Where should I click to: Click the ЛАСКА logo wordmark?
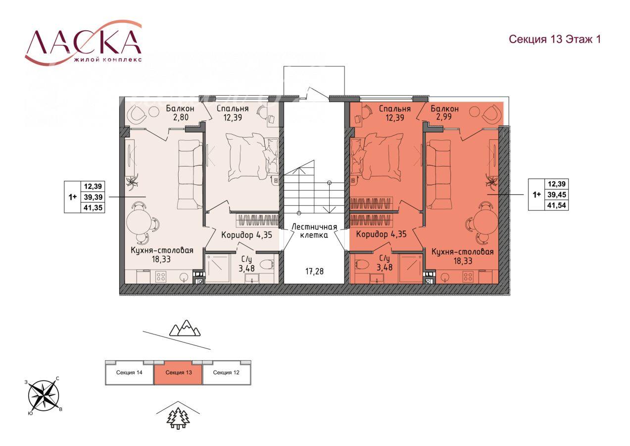pyautogui.click(x=83, y=42)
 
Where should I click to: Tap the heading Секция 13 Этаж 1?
pyautogui.click(x=555, y=40)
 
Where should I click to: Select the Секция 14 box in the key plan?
pyautogui.click(x=129, y=373)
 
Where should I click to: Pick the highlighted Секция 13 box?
pyautogui.click(x=178, y=373)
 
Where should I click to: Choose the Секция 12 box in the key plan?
pyautogui.click(x=226, y=373)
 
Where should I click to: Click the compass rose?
pyautogui.click(x=44, y=396)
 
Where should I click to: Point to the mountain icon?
pyautogui.click(x=185, y=328)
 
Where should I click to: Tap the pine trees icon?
pyautogui.click(x=178, y=418)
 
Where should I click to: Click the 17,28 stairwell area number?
pyautogui.click(x=314, y=272)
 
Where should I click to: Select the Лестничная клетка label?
pyautogui.click(x=314, y=231)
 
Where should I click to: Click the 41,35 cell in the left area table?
pyautogui.click(x=93, y=208)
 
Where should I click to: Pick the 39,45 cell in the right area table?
pyautogui.click(x=557, y=195)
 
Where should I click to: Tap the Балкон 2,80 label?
pyautogui.click(x=180, y=112)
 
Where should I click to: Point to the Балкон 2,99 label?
pyautogui.click(x=444, y=112)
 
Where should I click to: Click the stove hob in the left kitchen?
pyautogui.click(x=161, y=277)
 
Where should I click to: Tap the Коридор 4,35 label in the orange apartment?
pyautogui.click(x=382, y=234)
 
